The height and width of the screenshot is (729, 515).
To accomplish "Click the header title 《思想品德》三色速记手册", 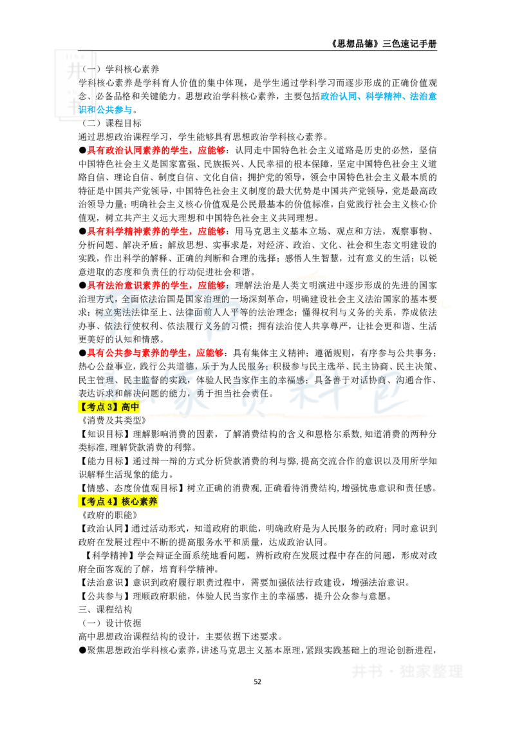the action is pos(384,44).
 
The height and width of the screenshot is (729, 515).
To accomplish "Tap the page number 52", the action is pos(257,681).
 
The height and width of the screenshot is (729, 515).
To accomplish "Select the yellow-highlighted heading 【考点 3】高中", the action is pos(109,407).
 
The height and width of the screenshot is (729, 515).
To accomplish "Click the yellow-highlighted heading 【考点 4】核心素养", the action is pos(118,502).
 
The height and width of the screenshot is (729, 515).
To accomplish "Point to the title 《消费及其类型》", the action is pos(113,421).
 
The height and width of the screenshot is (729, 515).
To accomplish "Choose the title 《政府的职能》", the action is pos(109,515).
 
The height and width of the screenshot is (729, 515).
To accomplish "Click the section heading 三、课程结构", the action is pos(105,609).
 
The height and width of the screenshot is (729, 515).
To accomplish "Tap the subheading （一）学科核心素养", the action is pos(120,70).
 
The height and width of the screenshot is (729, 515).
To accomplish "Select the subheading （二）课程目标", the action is pos(111,123).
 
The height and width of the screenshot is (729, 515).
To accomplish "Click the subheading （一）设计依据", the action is pos(111,623).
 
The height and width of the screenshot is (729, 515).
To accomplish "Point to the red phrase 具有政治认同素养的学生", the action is pos(138,150).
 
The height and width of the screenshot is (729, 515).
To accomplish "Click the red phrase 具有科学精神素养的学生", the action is pos(138,232).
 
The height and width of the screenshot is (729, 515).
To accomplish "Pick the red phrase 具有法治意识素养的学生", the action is pos(138,285).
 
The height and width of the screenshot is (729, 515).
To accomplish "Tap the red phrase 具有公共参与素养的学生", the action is pos(138,353).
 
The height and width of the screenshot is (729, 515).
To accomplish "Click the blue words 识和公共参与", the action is pos(106,109).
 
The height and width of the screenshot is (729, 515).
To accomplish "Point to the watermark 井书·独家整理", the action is pos(407,671).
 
